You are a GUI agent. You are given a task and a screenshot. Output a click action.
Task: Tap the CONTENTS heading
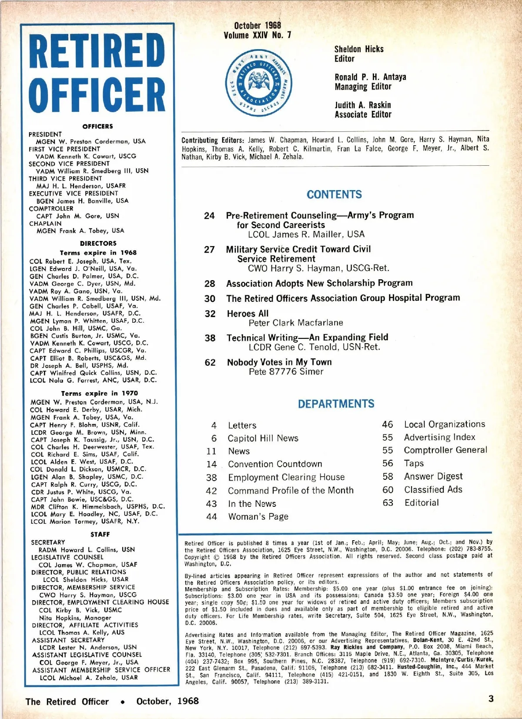coord(334,194)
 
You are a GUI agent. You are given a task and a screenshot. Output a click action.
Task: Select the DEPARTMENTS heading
coord(336,404)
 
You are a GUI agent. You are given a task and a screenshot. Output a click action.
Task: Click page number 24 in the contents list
coord(209,216)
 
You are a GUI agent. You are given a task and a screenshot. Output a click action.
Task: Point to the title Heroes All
coord(248,314)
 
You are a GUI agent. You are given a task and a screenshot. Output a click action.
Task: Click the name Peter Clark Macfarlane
coord(296,323)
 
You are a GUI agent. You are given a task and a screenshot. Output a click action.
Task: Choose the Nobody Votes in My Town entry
coord(279,362)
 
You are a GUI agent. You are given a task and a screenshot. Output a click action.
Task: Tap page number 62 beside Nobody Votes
coord(210,362)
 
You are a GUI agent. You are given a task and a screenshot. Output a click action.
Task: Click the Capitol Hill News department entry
coord(263,438)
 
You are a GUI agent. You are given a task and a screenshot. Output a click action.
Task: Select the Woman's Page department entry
coord(258,516)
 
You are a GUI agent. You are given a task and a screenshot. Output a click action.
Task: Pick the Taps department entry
coord(414,463)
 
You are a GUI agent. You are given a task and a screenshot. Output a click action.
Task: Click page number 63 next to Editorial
coord(388,502)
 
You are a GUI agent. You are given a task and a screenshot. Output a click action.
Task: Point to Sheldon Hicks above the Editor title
coord(359,49)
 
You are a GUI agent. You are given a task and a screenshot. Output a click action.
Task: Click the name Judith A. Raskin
coord(363,105)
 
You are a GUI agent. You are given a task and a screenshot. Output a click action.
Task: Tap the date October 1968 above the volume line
coord(258,26)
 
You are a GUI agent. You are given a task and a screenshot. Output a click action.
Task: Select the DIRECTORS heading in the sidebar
coord(98,243)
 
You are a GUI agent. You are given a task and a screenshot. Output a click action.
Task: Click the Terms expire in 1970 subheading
coord(99,393)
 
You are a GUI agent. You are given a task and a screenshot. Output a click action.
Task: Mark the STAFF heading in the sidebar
coord(100,534)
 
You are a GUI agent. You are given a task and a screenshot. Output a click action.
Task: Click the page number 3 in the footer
coord(491,699)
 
